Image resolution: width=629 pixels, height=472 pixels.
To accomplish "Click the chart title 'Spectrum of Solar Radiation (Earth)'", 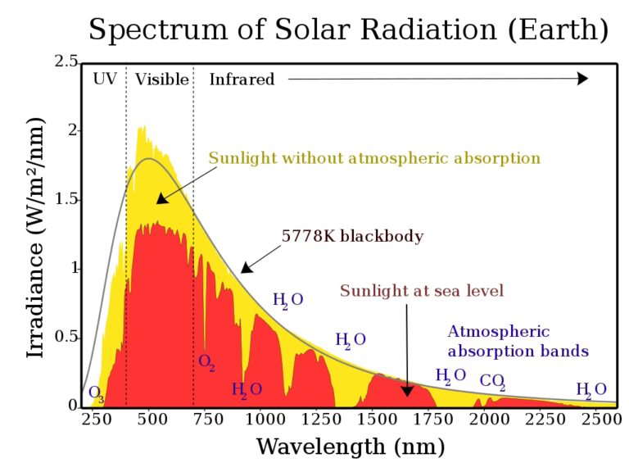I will pos(348,30).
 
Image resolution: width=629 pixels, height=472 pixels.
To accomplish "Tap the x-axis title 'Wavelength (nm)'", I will pos(351,447).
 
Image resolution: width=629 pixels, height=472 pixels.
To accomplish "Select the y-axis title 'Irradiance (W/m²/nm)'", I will pos(35,236).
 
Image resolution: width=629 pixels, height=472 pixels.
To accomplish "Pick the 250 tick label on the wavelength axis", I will pos(96,420).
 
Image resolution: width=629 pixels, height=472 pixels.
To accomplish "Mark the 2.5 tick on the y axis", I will pos(67,62).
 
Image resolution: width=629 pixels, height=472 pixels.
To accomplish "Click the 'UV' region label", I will pos(105,79).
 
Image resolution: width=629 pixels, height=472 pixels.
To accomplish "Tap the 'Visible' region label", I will pos(162,79).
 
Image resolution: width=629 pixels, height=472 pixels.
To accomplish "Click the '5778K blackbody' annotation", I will pos(352,236).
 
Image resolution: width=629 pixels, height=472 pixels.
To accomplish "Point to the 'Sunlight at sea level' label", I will pos(421,291).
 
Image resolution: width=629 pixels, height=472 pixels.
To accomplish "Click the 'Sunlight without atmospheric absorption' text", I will pos(374,158).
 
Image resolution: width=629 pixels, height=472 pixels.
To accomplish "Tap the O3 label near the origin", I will pos(96,393).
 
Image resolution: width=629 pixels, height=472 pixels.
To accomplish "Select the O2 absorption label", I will pos(206,361).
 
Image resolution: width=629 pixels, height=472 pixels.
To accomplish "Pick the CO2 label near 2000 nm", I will pos(492,381).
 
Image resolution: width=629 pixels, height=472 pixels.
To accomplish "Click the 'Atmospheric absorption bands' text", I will pos(518,342).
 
